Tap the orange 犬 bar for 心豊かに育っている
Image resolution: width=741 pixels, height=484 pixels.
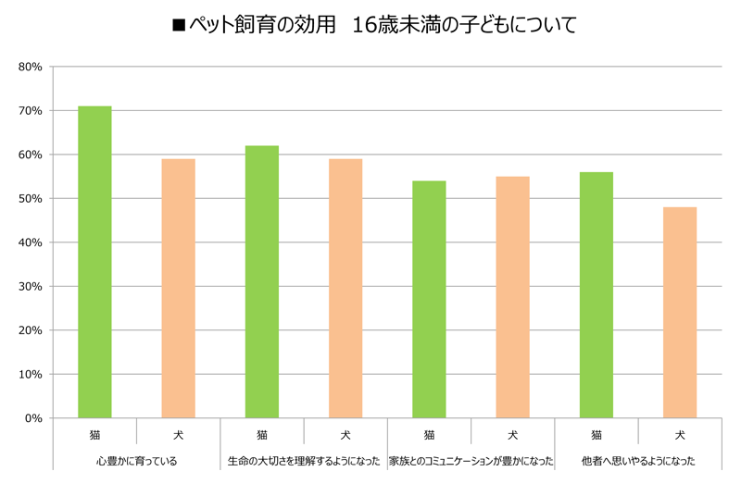click(178, 288)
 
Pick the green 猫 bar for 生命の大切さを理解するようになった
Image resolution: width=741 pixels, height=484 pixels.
click(262, 281)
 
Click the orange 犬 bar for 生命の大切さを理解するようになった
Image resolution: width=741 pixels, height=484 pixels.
click(345, 288)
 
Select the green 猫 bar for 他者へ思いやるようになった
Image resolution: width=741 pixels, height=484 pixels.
click(597, 295)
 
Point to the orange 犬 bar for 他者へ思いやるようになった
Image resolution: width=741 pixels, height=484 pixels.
click(680, 313)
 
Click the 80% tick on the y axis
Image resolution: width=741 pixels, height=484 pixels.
click(31, 67)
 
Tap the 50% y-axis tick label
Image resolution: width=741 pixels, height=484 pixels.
click(31, 199)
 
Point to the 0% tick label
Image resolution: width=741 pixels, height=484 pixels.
click(33, 418)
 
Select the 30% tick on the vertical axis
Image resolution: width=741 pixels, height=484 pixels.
click(31, 287)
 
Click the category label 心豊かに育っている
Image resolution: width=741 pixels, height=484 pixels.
click(136, 460)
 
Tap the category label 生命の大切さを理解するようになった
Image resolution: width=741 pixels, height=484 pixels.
click(304, 460)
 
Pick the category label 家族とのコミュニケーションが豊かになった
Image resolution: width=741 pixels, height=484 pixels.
click(471, 460)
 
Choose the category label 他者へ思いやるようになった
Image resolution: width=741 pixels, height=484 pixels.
click(638, 460)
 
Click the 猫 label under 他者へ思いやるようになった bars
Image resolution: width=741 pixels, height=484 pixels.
click(597, 433)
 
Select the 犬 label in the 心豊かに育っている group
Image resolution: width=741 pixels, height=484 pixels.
click(178, 433)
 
